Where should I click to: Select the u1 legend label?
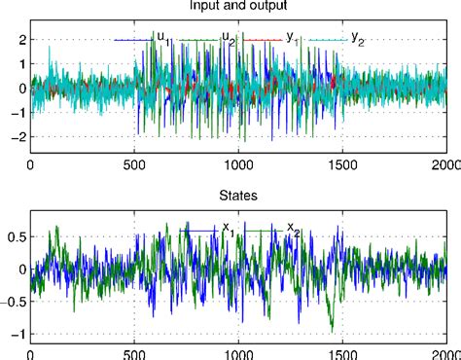coord(162,39)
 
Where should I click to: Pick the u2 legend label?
coord(229,39)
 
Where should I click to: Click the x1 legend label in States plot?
coord(228,229)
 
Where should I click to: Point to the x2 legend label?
coord(292,229)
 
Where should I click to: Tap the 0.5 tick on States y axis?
coord(15,235)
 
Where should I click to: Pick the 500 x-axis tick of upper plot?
coord(135,163)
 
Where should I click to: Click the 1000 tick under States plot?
coord(239,353)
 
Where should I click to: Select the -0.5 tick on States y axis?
coord(13,302)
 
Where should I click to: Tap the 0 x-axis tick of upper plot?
coord(30,163)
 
